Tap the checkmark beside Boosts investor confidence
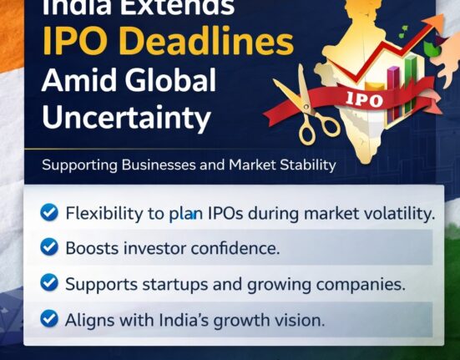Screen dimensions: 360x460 tap(50, 248)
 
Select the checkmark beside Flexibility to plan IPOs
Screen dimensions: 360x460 tap(50, 213)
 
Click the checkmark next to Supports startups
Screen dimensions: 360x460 tap(50, 283)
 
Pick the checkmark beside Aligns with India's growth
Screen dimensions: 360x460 tap(50, 318)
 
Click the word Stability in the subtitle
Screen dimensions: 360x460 tap(306, 165)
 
